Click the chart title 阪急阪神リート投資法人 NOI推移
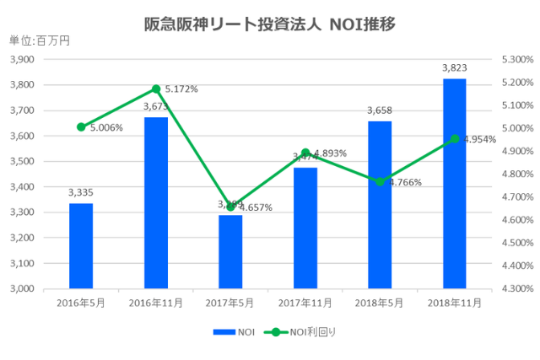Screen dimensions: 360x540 [x=270, y=24]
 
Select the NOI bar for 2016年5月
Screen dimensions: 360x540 [x=81, y=245]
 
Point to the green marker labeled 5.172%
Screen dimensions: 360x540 [x=156, y=89]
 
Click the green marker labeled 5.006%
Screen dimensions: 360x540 [x=81, y=127]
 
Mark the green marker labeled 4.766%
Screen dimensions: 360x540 [x=380, y=182]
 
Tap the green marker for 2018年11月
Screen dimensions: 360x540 [x=455, y=139]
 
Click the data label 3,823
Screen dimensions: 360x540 [x=455, y=67]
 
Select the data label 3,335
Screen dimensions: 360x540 [x=81, y=192]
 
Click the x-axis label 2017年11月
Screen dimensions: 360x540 [x=305, y=302]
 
